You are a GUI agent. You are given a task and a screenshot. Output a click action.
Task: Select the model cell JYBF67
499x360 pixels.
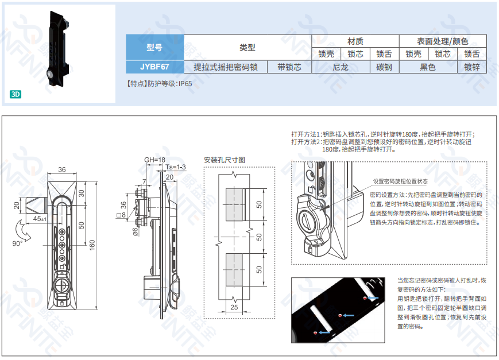tap(154, 67)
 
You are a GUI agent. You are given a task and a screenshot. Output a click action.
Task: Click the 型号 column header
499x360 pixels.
tap(154, 48)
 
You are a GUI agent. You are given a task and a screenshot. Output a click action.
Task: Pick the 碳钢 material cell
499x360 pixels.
tap(384, 67)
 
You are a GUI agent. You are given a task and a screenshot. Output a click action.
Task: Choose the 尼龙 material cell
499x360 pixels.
tap(341, 67)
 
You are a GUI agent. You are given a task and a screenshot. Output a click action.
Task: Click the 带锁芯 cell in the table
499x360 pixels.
tap(289, 67)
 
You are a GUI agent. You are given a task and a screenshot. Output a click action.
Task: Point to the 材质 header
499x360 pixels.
tap(355, 41)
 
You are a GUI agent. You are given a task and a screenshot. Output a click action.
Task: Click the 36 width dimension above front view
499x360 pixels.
tap(62, 170)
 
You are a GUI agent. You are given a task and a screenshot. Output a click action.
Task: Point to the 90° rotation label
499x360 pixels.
tap(17, 243)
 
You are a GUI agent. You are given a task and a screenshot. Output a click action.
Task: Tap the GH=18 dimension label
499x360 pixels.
tap(154, 160)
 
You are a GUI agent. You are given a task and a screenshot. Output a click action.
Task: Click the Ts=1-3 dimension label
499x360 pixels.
tap(175, 167)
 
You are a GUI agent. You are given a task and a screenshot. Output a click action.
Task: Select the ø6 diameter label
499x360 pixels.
tap(136, 231)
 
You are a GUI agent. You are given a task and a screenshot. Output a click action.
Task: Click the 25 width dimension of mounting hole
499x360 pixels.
tap(234, 308)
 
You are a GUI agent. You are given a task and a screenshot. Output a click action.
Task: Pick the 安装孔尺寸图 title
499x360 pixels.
tap(225, 160)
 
